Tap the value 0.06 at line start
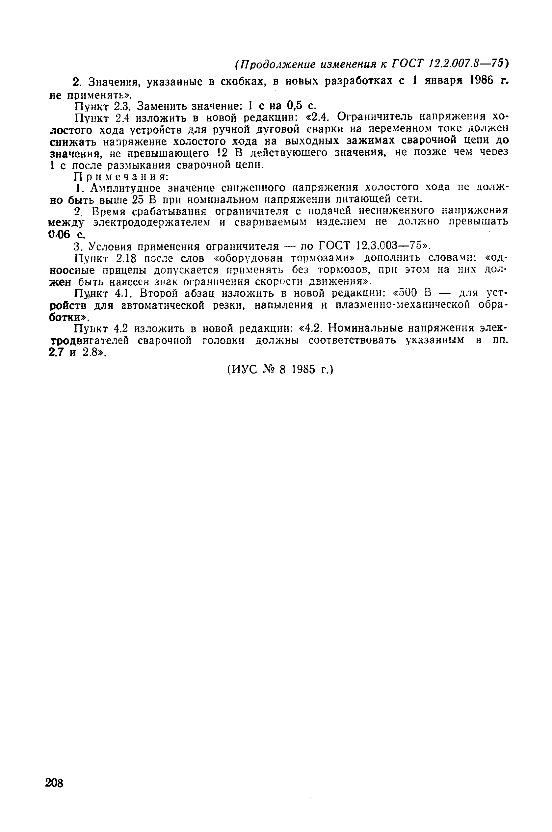coord(59,234)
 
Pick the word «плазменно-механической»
coord(403,305)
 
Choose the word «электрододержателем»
coord(153,222)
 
